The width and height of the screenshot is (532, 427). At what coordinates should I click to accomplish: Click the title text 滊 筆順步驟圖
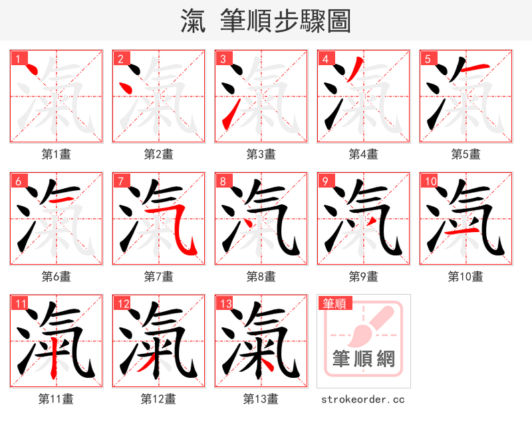[265, 21]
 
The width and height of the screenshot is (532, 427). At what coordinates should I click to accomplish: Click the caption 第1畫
[57, 154]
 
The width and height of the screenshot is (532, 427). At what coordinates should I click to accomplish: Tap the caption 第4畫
[364, 154]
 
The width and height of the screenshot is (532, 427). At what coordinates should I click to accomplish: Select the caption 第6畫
[57, 277]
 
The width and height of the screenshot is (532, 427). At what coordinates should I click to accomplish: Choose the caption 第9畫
[364, 277]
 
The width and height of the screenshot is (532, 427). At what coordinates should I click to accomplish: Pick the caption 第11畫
[57, 399]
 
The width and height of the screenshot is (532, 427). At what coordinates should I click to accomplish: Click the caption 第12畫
[159, 399]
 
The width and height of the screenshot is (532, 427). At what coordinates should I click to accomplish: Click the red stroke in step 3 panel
[229, 113]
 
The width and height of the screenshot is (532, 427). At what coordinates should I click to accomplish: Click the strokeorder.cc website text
[363, 399]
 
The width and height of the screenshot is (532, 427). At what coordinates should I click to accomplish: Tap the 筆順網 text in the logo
[364, 360]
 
